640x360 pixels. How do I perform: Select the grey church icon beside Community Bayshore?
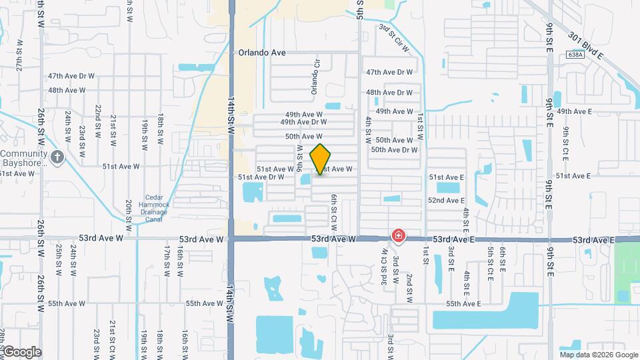[58, 158]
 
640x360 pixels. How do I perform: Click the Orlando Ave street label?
[262, 51]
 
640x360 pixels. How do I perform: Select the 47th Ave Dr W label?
[389, 72]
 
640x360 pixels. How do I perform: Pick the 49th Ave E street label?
[574, 111]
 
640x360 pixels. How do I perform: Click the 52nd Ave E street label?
[446, 200]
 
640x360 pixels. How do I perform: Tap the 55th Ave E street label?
[463, 303]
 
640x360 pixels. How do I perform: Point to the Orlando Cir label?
[317, 79]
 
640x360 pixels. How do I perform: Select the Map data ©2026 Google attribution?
[598, 355]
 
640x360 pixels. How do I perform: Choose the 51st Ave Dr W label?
[261, 177]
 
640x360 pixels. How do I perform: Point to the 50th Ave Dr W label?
[394, 150]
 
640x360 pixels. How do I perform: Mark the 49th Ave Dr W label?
[303, 122]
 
